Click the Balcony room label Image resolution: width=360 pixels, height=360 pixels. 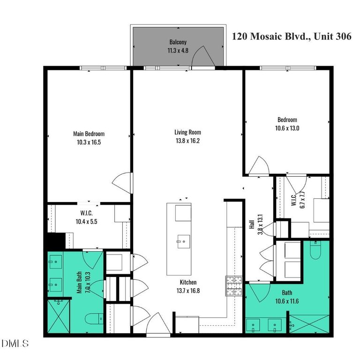[x=178, y=42]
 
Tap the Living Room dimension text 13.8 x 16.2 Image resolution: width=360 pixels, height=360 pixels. [x=187, y=141]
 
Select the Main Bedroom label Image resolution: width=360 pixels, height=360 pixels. [x=89, y=134]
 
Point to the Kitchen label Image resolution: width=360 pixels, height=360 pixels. [x=187, y=282]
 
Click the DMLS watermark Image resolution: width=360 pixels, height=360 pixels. [x=15, y=344]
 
